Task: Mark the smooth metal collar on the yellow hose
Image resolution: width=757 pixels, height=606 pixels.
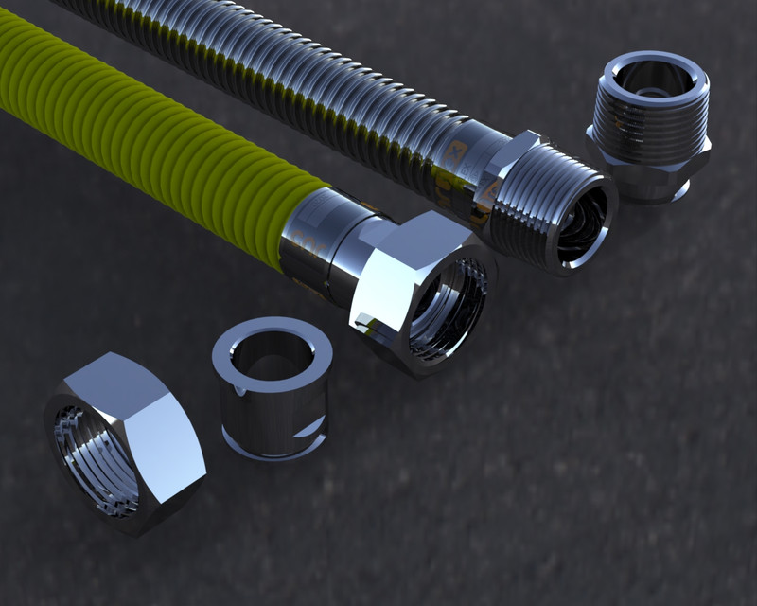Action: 322,237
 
